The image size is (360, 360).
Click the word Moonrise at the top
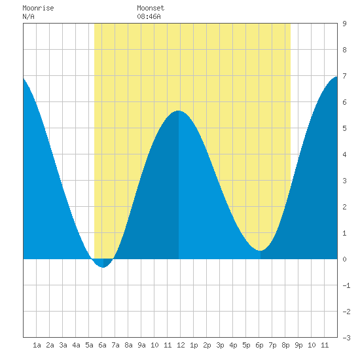coord(38,8)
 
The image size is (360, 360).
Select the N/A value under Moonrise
coord(28,16)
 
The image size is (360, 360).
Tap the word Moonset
coord(151,8)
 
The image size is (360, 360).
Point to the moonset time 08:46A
coord(149,16)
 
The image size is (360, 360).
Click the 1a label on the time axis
coord(37,345)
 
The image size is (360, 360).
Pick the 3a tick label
coord(63,345)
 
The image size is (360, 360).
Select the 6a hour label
coord(102,345)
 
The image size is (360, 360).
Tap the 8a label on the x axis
coord(128,345)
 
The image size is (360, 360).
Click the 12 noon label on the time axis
coord(181,345)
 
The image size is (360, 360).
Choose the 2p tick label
coord(207,345)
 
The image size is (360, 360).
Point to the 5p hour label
coord(246,345)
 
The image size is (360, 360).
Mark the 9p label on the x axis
coord(298,345)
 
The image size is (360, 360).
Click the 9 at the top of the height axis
coord(344,24)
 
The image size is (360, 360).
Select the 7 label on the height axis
coord(344,76)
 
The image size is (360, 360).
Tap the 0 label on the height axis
coord(344,259)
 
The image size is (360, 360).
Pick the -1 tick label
coord(346,285)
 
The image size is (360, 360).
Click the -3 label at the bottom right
coord(346,338)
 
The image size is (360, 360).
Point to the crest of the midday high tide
coord(179,111)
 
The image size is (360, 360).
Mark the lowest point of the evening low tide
coord(260,251)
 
